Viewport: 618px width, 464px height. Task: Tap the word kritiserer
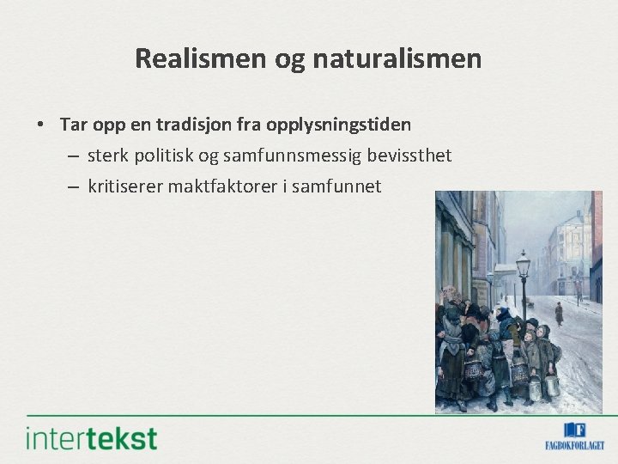(x=124, y=186)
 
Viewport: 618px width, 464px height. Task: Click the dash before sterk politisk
(x=72, y=156)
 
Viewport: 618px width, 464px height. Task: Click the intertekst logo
(x=92, y=438)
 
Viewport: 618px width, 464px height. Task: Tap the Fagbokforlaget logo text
(x=574, y=445)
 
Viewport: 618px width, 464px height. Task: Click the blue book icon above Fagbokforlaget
(x=574, y=430)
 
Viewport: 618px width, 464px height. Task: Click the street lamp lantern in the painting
(x=523, y=264)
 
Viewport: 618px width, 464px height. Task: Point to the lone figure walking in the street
(x=559, y=313)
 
